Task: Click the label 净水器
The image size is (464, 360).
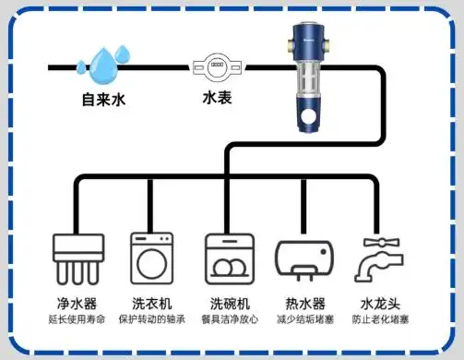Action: click(x=77, y=303)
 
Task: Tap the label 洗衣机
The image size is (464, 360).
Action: click(x=152, y=303)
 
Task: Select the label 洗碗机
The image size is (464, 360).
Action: click(x=228, y=303)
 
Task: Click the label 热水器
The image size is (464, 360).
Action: click(x=304, y=303)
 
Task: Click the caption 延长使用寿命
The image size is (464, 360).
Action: click(x=77, y=319)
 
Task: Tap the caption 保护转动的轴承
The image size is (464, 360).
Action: click(x=152, y=319)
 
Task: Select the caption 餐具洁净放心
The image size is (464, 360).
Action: click(x=228, y=319)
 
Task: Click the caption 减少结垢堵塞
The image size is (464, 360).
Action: click(x=304, y=319)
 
